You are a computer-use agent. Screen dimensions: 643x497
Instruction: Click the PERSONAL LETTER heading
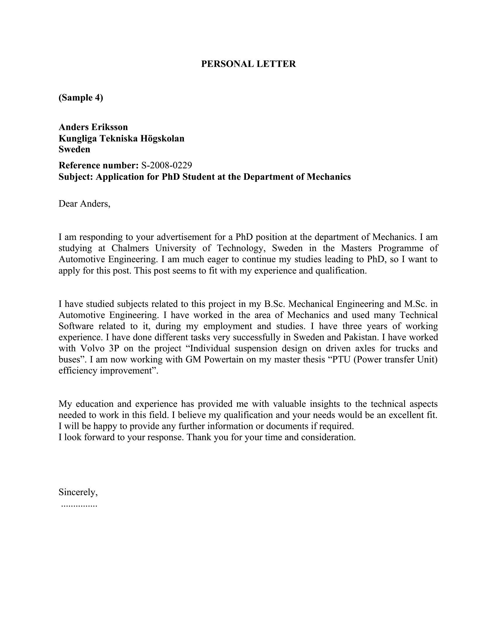pyautogui.click(x=248, y=64)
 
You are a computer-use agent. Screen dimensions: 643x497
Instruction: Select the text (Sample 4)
pyautogui.click(x=81, y=97)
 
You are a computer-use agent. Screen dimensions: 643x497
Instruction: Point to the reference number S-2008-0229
pyautogui.click(x=167, y=165)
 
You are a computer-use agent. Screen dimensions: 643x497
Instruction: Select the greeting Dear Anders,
pyautogui.click(x=84, y=203)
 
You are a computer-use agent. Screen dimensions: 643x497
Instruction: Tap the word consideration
pyautogui.click(x=328, y=437)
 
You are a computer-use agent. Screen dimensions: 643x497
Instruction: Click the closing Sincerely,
pyautogui.click(x=78, y=492)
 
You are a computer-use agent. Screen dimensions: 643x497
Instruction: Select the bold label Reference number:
pyautogui.click(x=98, y=165)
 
